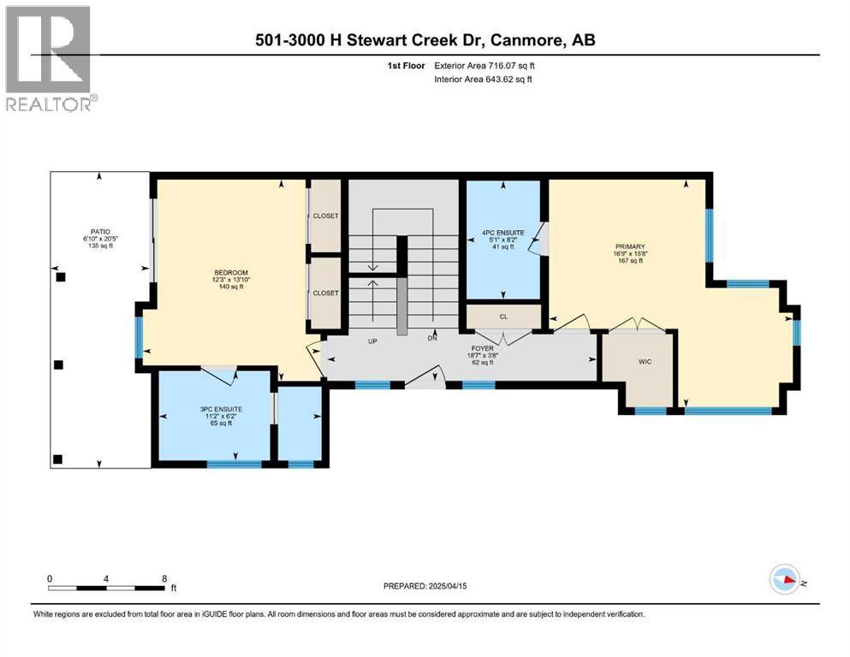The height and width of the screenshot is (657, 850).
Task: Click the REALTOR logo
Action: coord(51,58)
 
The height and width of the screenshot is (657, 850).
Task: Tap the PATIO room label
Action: coord(100,232)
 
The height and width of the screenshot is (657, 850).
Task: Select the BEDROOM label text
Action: coord(231,272)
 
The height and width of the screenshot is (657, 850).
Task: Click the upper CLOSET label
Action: coord(326,216)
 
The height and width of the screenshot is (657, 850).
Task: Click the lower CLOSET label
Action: coord(326,293)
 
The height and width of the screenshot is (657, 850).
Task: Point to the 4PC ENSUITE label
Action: coord(503,233)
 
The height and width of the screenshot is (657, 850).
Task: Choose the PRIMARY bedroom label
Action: coord(630,246)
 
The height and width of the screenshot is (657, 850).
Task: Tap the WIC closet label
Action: coord(645,362)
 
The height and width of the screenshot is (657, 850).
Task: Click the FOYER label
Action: coord(483,348)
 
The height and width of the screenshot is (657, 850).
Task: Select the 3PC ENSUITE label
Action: coord(221,410)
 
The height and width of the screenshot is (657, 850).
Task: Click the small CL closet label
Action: coord(504,317)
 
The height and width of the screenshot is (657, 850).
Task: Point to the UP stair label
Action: coord(372,341)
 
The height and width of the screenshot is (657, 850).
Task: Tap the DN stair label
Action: coord(432,338)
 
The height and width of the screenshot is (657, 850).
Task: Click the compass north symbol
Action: coord(786,579)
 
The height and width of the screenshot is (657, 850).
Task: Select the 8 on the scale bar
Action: coord(164,579)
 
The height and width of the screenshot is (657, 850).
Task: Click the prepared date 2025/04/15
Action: coord(447,586)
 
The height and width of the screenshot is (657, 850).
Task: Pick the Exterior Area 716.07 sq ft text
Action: coord(484,66)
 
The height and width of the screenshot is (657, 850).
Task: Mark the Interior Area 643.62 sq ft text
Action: coord(483,79)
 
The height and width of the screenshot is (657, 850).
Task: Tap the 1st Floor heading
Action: coord(406,66)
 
